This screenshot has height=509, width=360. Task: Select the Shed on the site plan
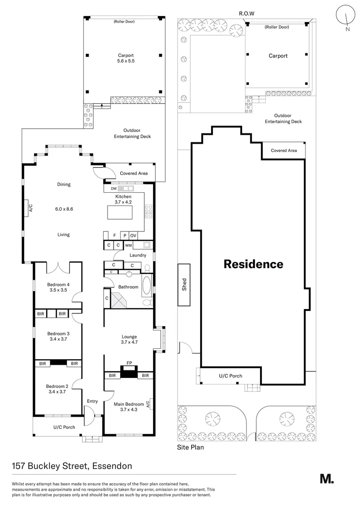point(184,285)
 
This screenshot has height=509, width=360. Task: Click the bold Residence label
point(253,264)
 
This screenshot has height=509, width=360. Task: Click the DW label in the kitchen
point(114,189)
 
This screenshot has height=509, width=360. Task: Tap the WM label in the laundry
point(128,246)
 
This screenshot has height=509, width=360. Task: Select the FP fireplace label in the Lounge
point(129,363)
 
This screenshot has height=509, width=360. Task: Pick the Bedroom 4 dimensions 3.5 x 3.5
point(58,291)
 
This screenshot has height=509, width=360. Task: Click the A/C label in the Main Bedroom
point(148,403)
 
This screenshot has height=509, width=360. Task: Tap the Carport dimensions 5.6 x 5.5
point(126,61)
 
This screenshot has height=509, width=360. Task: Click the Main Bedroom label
point(129,404)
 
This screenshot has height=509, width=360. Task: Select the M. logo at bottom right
point(327,478)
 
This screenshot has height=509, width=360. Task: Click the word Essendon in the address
point(112,466)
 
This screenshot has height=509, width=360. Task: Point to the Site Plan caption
point(190,447)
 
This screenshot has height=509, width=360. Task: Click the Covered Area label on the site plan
point(284,151)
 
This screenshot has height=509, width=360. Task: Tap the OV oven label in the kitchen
point(133,235)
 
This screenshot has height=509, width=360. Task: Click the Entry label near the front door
point(92,401)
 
